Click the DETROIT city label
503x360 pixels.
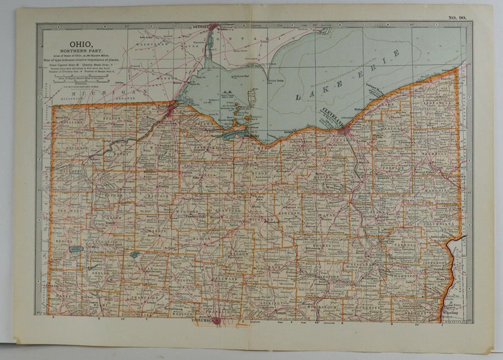[200, 27]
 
